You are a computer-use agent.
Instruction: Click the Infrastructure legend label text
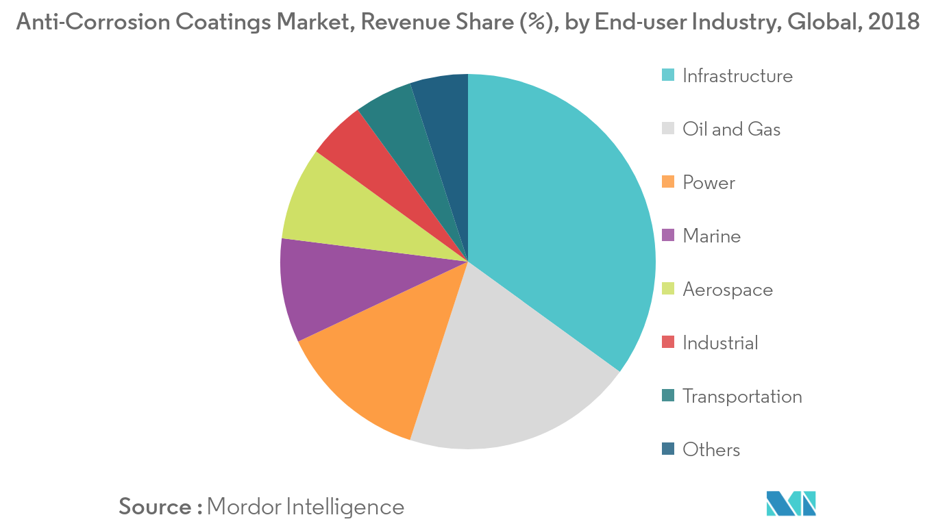point(737,76)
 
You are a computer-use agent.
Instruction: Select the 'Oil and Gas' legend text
point(731,129)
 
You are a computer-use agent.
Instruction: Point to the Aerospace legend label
point(728,290)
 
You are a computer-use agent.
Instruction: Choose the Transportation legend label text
point(742,397)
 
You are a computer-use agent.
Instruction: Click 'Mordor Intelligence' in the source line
point(306,507)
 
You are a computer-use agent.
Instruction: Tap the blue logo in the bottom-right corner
point(791,503)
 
